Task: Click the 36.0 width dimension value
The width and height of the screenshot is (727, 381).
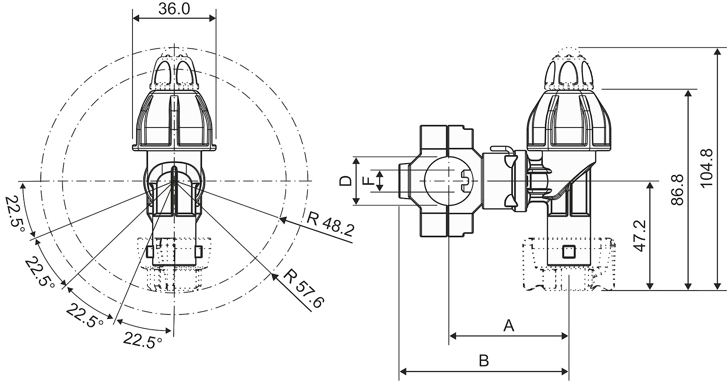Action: [x=174, y=9]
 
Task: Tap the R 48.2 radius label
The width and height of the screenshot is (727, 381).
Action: [x=330, y=224]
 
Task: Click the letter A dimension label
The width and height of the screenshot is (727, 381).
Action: [x=509, y=325]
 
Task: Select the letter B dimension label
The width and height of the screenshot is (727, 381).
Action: [x=483, y=360]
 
